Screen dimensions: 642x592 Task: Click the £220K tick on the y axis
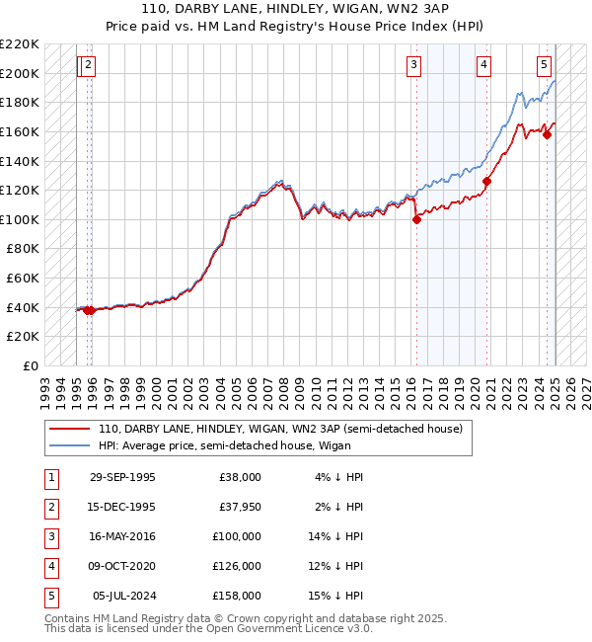coord(20,44)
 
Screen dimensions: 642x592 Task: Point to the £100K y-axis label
coord(20,219)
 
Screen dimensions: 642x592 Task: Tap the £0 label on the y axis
coord(31,365)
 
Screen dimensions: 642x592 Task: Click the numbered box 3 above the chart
coord(412,66)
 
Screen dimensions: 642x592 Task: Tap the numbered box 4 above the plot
coord(484,66)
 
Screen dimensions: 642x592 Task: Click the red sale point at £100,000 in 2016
coord(416,219)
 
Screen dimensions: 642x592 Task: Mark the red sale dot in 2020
coord(486,182)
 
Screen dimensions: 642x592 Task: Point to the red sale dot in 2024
coord(547,134)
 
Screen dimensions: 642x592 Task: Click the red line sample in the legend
coord(71,429)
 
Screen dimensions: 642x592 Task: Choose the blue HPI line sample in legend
coord(71,445)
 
